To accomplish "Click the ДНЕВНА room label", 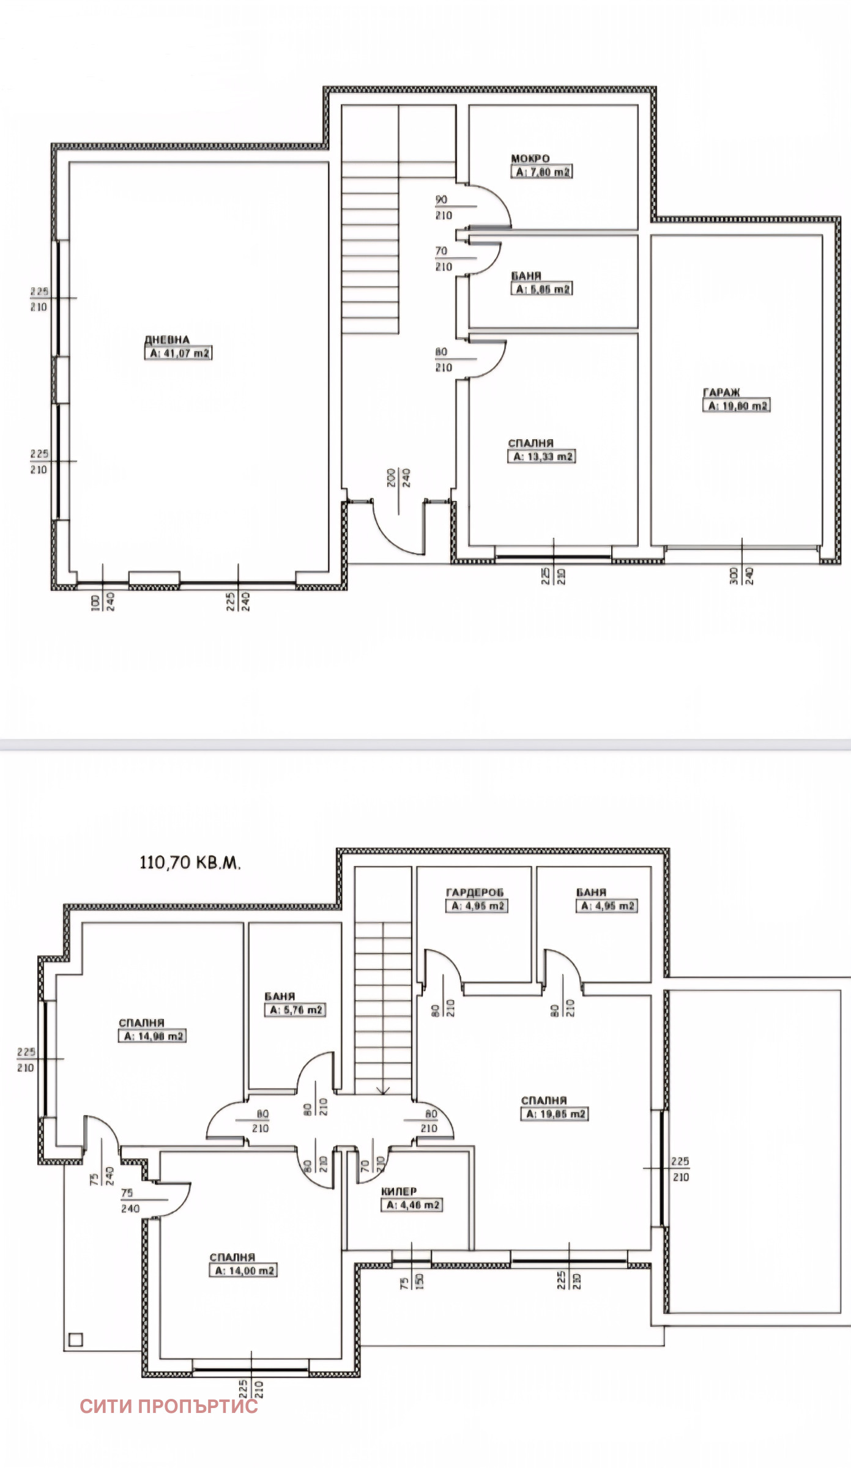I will [x=167, y=340].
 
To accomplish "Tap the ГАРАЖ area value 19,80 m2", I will [x=737, y=406].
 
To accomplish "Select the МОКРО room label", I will [x=530, y=158].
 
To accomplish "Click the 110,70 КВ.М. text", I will [x=190, y=862].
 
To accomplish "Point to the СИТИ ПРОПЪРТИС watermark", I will [x=168, y=1406].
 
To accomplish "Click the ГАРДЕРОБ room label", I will [x=475, y=892].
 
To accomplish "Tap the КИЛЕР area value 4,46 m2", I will [x=412, y=1205].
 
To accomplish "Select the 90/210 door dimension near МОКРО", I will [x=444, y=207].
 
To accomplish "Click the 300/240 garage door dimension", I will [x=741, y=576].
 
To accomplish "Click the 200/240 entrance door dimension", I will [x=399, y=478].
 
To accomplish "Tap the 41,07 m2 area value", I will [x=179, y=354].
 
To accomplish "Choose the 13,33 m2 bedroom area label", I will [x=541, y=457].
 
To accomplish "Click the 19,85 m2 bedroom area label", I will [x=555, y=1114].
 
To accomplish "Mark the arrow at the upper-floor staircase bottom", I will [x=383, y=1090].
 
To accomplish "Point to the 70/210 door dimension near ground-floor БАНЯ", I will [x=444, y=259].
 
